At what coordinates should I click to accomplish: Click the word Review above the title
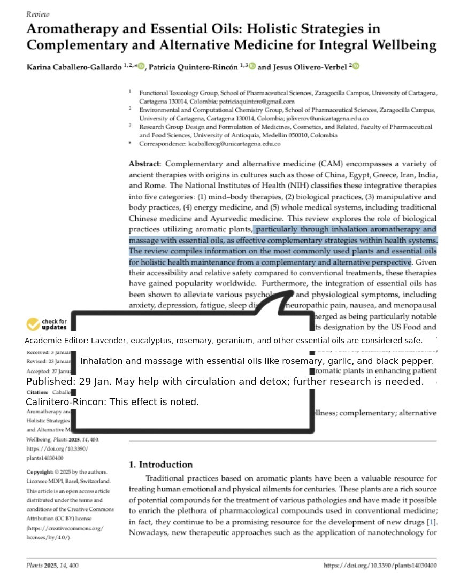(x=37, y=14)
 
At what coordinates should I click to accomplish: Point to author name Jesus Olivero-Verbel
(x=302, y=67)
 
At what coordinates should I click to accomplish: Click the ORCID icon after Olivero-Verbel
(x=356, y=66)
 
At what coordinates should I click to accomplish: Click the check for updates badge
(x=47, y=324)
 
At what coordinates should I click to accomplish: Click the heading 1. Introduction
(x=160, y=465)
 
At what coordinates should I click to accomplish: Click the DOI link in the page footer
(x=380, y=566)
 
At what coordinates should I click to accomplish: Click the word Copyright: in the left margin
(x=40, y=472)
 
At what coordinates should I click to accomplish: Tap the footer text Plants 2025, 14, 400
(x=52, y=566)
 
